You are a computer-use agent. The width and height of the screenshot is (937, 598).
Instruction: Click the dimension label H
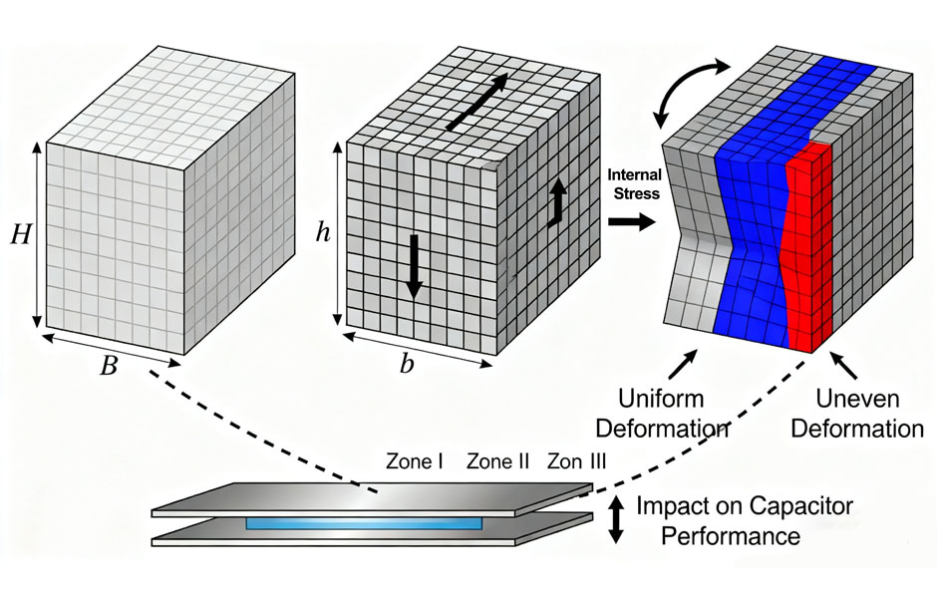pyautogui.click(x=20, y=235)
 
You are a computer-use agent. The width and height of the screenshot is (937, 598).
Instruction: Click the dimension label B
pyautogui.click(x=109, y=366)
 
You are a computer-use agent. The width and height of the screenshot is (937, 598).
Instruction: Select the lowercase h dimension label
pyautogui.click(x=322, y=233)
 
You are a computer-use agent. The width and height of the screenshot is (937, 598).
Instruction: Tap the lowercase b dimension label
pyautogui.click(x=407, y=365)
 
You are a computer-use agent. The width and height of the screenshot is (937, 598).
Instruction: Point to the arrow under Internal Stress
pyautogui.click(x=633, y=221)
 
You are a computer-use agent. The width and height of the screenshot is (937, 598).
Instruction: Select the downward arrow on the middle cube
pyautogui.click(x=413, y=266)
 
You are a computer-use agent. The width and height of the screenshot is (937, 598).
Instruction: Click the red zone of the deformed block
pyautogui.click(x=807, y=249)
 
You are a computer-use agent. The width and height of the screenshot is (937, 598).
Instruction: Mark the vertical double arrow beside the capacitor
pyautogui.click(x=616, y=520)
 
